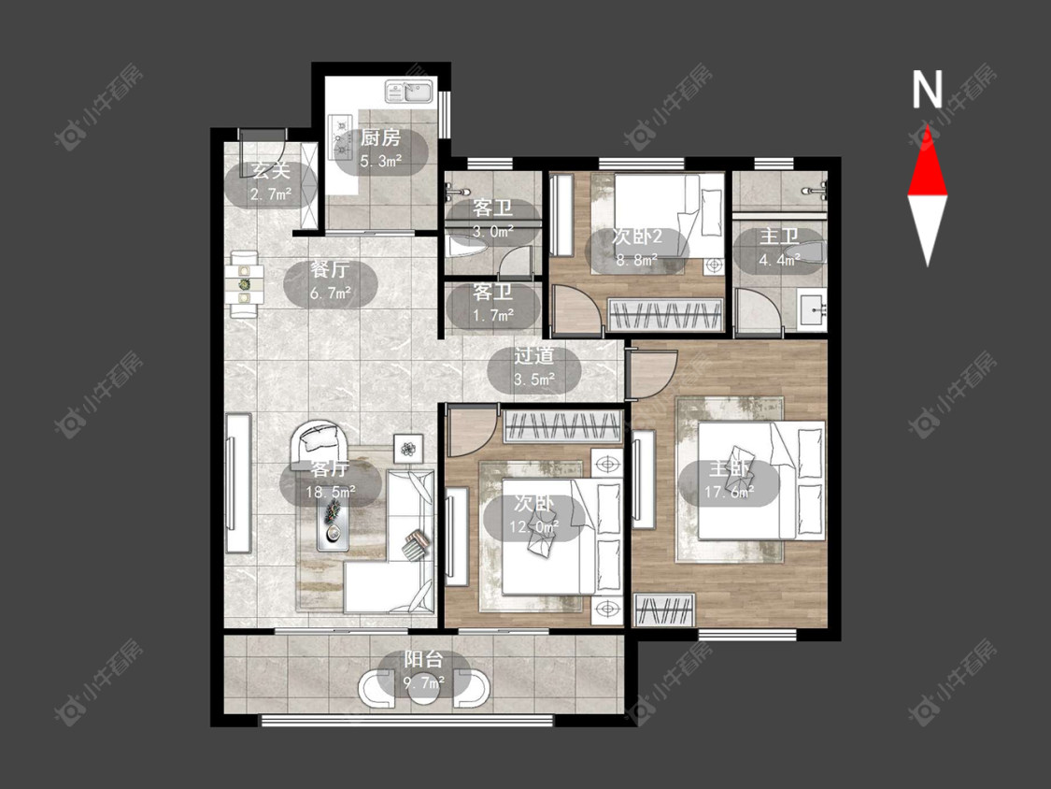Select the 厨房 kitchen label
[x=380, y=138]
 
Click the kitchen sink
[x=410, y=92]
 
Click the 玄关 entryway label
[x=271, y=171]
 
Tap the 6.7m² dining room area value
[x=331, y=294]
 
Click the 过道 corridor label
[x=534, y=356]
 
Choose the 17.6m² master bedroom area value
[x=729, y=493]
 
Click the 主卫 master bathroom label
[x=779, y=237]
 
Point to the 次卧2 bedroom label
[x=637, y=237]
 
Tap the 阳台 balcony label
[x=423, y=659]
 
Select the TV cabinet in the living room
[x=238, y=483]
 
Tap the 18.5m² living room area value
[x=331, y=493]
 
